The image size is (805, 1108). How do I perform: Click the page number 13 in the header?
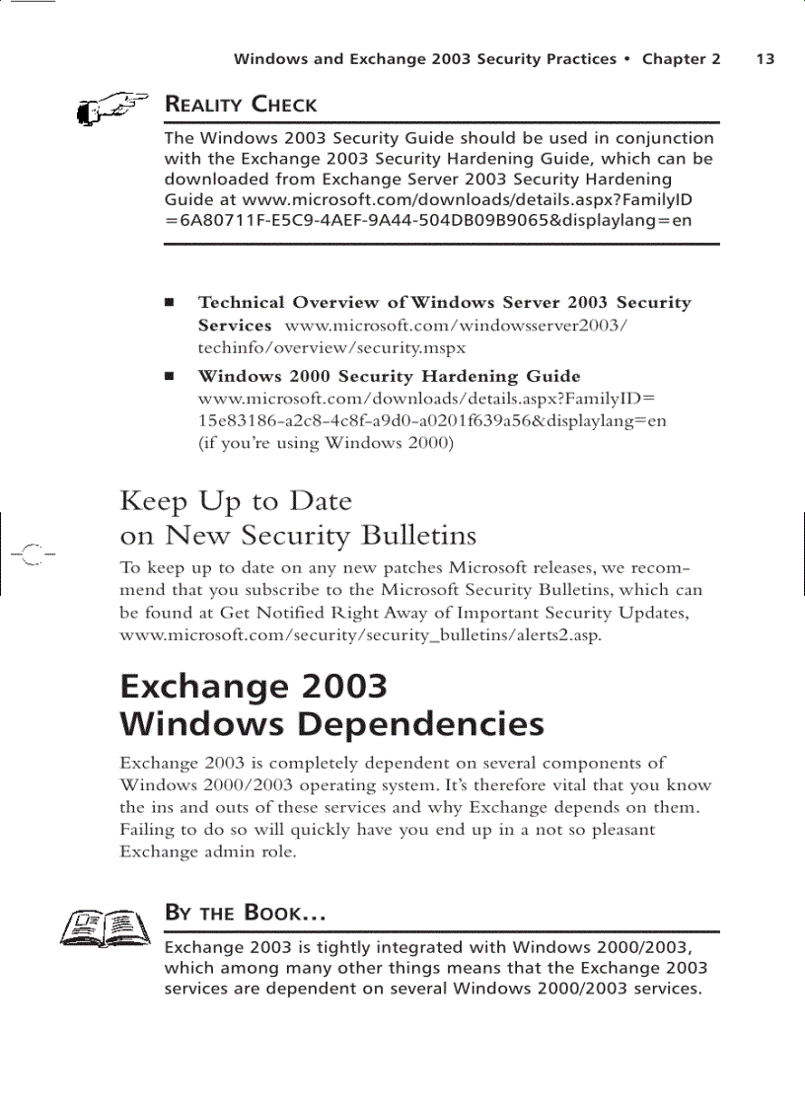(766, 59)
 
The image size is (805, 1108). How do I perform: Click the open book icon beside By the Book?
(102, 926)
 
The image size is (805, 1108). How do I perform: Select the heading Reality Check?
(241, 105)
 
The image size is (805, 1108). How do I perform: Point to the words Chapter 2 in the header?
(681, 59)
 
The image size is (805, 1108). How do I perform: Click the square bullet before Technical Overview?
(171, 302)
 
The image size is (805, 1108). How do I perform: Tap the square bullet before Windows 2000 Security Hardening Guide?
(171, 376)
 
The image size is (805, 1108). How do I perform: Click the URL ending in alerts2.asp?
(360, 634)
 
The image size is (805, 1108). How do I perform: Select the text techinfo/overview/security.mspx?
(332, 347)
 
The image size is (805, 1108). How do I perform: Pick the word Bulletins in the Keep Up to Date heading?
(418, 536)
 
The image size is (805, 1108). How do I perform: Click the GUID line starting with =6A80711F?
(428, 220)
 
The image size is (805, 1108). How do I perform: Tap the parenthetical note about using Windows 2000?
(326, 443)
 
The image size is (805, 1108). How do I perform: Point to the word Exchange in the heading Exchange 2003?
(197, 686)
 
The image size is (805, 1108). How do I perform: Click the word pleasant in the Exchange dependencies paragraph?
(616, 830)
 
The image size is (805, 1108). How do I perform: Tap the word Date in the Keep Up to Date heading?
(320, 501)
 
